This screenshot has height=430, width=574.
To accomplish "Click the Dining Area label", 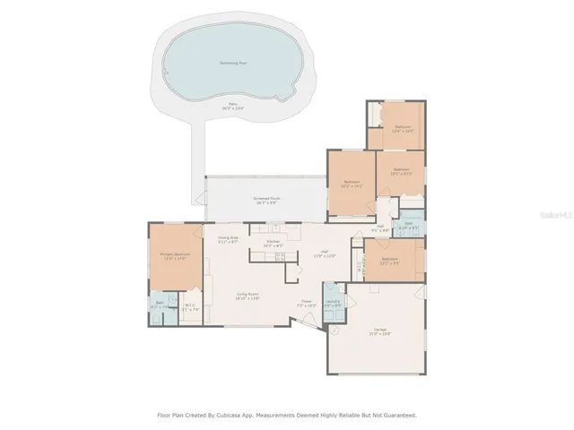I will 228,239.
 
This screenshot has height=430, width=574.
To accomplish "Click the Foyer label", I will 307,302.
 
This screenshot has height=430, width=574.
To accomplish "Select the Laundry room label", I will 333,302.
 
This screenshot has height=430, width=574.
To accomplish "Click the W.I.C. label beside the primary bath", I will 190,306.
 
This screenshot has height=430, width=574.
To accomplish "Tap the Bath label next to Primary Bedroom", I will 160,305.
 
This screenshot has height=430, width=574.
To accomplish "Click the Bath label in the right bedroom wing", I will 408,226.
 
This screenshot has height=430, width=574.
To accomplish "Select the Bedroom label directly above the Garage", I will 389,261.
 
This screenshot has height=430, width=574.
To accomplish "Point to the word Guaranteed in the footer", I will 397,415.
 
